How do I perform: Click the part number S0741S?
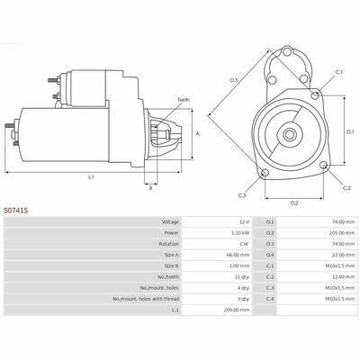tap(15, 211)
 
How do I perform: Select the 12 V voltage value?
tap(244, 222)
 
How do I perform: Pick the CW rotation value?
tap(244, 244)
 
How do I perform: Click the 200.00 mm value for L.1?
tap(237, 310)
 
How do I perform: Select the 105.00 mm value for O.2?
tap(342, 233)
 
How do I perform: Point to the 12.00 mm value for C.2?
tap(343, 277)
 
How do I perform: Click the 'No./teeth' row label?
tap(168, 277)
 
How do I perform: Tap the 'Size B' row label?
tap(172, 265)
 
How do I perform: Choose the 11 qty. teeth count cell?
tap(242, 277)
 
